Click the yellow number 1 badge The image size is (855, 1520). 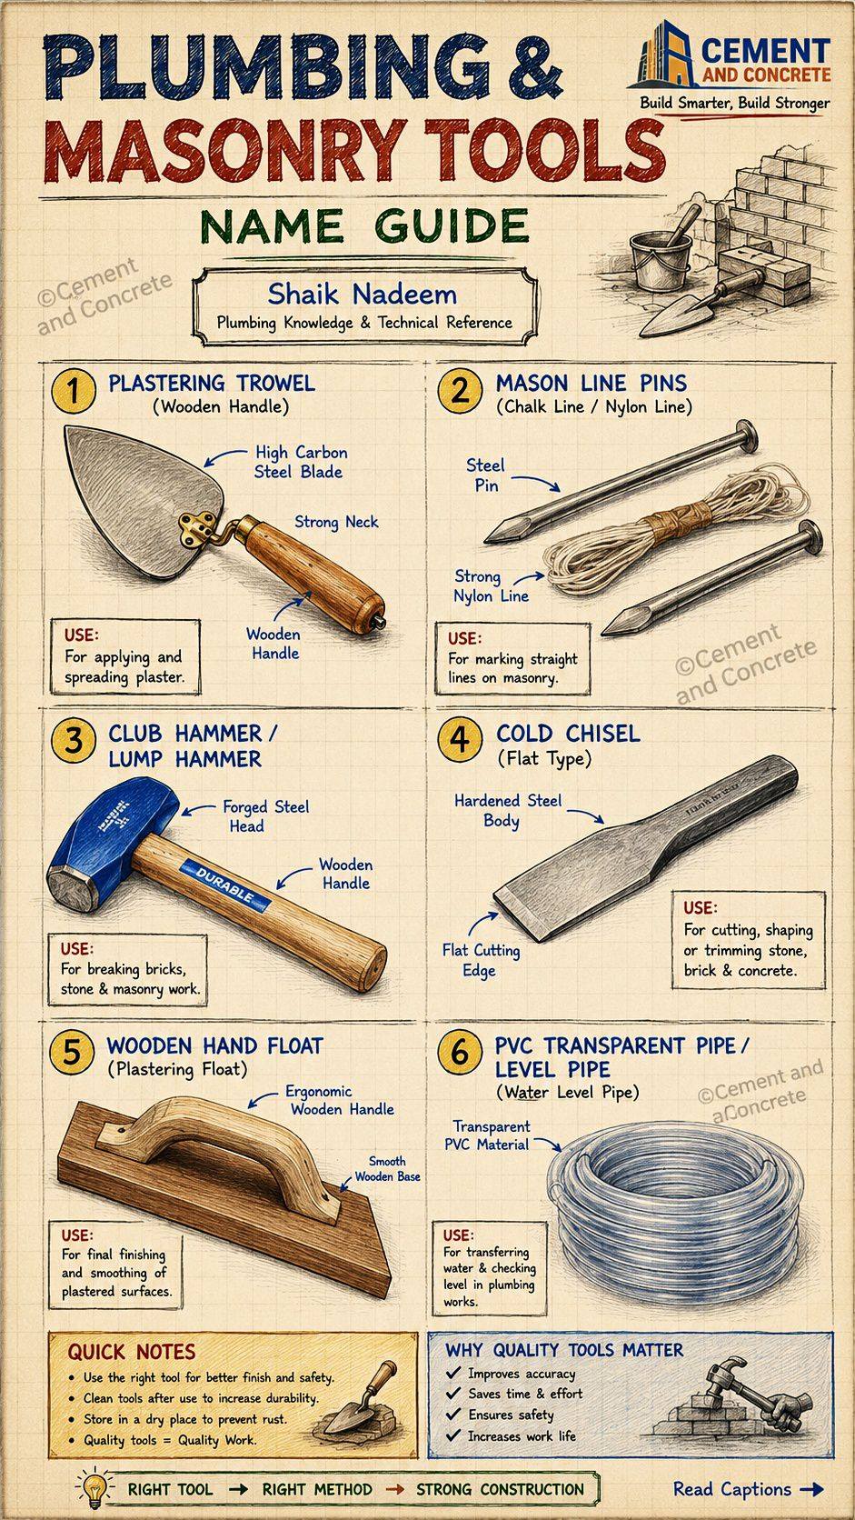tap(74, 391)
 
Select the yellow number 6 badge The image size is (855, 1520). tap(460, 1053)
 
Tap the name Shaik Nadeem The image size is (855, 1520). tap(362, 295)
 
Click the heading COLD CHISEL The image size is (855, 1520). tap(568, 734)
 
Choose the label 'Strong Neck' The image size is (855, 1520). tap(336, 522)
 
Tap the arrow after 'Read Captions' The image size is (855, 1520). tap(811, 1489)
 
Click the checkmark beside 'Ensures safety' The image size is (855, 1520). tap(453, 1415)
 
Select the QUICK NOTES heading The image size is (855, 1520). tap(132, 1351)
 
